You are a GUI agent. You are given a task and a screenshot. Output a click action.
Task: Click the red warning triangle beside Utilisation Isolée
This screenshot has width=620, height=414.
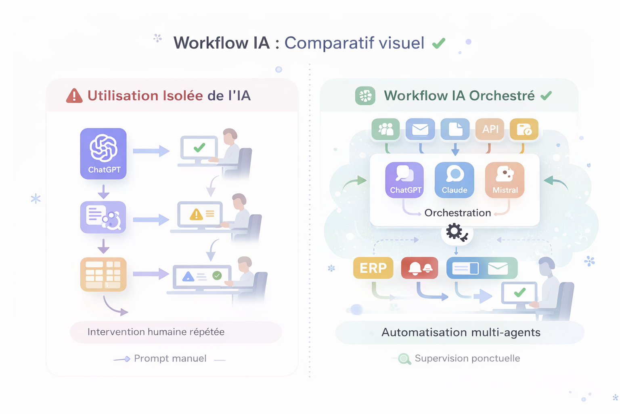tap(74, 96)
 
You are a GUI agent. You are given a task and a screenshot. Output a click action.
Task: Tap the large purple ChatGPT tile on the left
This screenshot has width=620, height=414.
tap(103, 154)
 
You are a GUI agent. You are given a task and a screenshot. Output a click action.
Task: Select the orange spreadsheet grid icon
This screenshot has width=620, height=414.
tap(103, 275)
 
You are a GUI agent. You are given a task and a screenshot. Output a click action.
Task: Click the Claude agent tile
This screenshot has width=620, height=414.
tap(455, 180)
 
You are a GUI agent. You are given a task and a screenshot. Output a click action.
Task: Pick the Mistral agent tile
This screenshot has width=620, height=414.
tap(505, 180)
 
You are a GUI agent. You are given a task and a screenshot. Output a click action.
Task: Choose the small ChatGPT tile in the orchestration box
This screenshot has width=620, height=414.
tap(405, 180)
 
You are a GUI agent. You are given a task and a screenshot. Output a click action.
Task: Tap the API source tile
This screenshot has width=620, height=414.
tap(490, 129)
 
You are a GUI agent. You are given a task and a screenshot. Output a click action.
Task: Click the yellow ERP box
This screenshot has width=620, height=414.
tap(373, 268)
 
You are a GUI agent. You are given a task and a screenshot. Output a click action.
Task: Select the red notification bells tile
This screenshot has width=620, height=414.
tap(420, 268)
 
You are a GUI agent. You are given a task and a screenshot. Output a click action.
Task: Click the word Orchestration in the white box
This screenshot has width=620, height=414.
tap(458, 213)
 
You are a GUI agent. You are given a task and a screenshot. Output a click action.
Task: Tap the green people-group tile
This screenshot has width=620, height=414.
tap(385, 129)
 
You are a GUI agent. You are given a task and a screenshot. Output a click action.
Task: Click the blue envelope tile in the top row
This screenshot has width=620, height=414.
tap(420, 129)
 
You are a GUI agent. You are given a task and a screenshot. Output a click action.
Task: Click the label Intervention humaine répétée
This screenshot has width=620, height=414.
tap(156, 332)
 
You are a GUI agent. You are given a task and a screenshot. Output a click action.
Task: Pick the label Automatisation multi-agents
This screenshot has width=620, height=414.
tap(461, 332)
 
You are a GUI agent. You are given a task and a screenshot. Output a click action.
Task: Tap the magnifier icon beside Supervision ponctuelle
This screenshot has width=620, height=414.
tap(404, 359)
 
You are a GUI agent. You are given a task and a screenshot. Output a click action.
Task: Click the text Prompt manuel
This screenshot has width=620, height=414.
tap(170, 358)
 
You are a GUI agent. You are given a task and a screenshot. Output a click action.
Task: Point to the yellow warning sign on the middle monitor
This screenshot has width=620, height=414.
tap(196, 214)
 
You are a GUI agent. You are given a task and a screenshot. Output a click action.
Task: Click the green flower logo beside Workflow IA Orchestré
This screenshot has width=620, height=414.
tap(365, 96)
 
